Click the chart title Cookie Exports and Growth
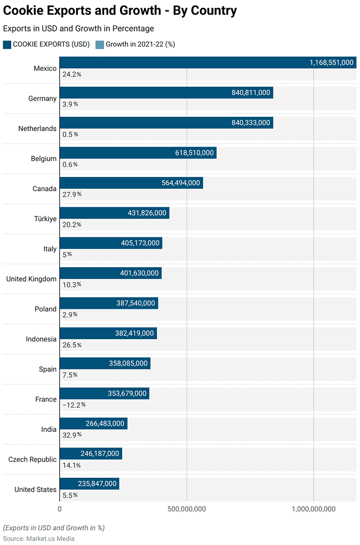120,11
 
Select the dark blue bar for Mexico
207,62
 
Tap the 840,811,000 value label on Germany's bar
251,93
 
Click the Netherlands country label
37,129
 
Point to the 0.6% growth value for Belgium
70,164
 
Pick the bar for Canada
131,183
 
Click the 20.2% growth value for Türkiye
71,225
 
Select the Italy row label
50,249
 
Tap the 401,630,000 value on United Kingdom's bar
139,273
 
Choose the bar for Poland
109,303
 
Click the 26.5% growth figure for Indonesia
71,345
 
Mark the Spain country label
47,369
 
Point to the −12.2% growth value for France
74,405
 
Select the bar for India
93,423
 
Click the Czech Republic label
32,459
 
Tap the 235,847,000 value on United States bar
97,484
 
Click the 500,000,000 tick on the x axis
187,509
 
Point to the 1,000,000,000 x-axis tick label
314,509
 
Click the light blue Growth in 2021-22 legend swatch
100,44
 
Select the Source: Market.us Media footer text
38,539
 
